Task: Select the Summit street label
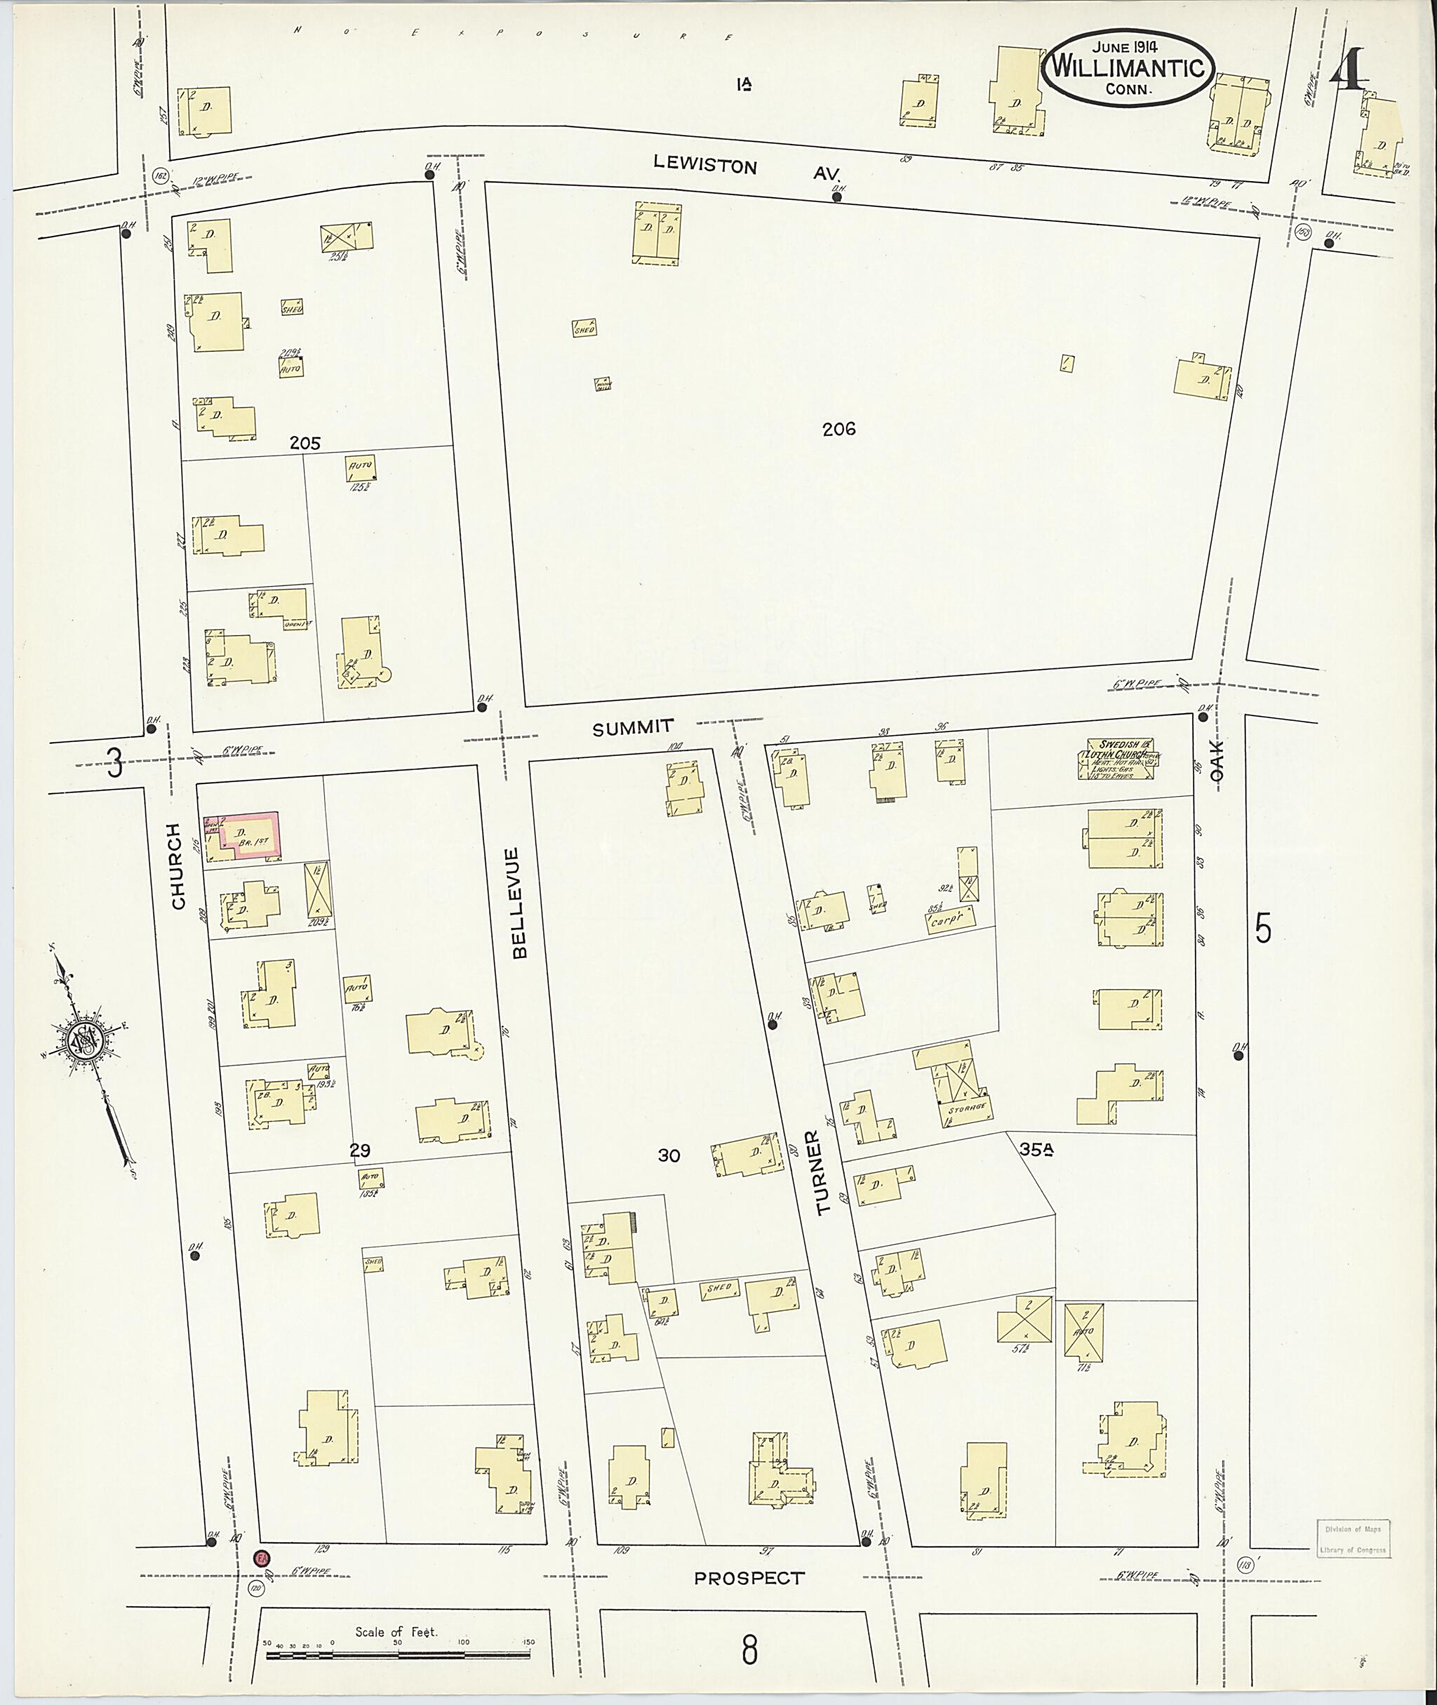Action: (633, 727)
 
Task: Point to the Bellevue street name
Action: (520, 902)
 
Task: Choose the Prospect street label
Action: (748, 1578)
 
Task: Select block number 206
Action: (838, 429)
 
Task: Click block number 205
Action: (305, 444)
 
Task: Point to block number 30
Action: (669, 1155)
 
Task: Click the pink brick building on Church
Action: (243, 835)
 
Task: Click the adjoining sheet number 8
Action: (749, 1650)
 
